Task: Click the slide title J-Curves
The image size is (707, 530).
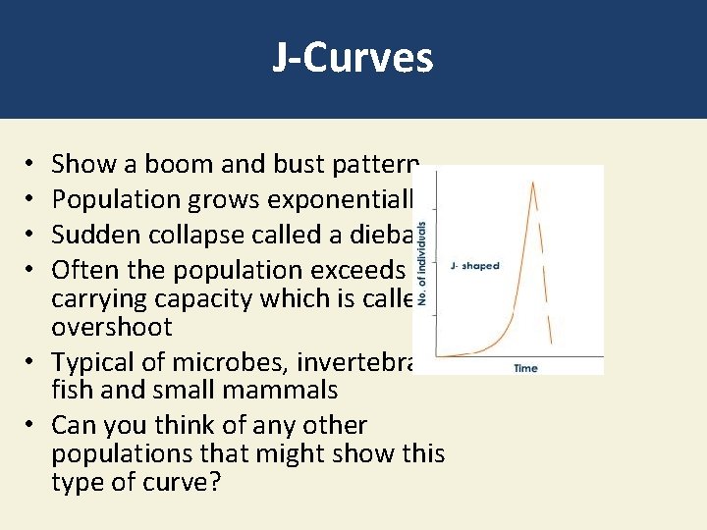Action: click(x=353, y=58)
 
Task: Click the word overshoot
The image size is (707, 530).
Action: click(x=111, y=327)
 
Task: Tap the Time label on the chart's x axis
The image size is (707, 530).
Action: click(x=525, y=368)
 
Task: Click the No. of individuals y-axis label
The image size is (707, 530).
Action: click(x=424, y=263)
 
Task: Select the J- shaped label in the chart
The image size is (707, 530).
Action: click(x=473, y=266)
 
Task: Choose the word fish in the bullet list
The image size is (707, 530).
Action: click(x=71, y=391)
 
